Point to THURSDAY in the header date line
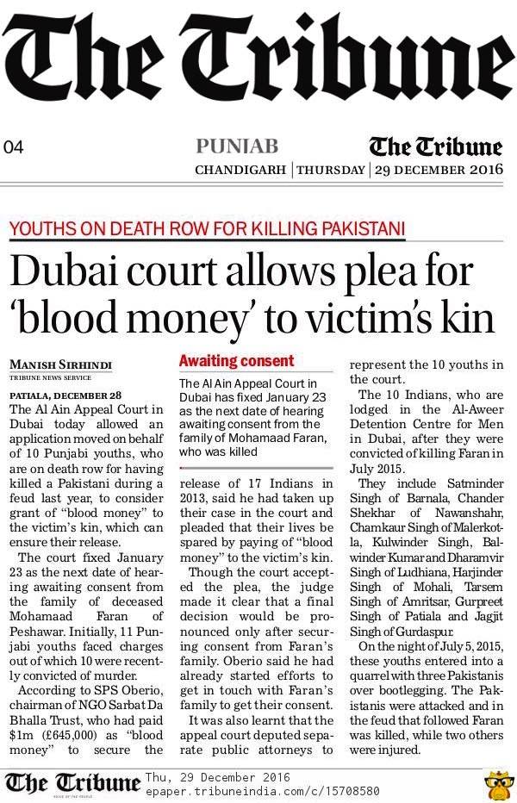pos(330,170)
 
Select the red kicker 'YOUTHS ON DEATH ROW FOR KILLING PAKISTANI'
pos(206,229)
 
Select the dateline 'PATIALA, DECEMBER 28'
pos(58,389)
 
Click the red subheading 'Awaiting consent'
pos(236,361)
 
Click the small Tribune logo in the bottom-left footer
pos(72,781)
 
